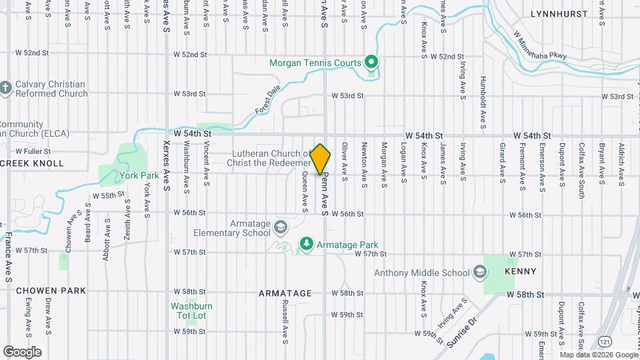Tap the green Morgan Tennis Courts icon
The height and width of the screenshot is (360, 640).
coord(372,63)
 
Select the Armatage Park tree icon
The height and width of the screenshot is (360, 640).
coord(307,245)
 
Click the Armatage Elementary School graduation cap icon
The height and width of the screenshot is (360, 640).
coord(281,228)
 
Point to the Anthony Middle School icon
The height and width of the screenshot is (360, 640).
coord(479,273)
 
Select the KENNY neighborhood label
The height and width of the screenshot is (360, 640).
coord(521,272)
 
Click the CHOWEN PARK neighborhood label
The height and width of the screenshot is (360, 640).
coord(51,291)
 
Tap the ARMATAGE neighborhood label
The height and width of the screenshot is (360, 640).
coord(285,293)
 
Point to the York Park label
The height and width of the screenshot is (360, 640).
coord(139,175)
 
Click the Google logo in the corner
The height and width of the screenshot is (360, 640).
coord(22,351)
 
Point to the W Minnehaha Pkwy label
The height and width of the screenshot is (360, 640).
coord(539,45)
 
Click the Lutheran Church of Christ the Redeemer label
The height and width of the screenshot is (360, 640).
coord(271,159)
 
